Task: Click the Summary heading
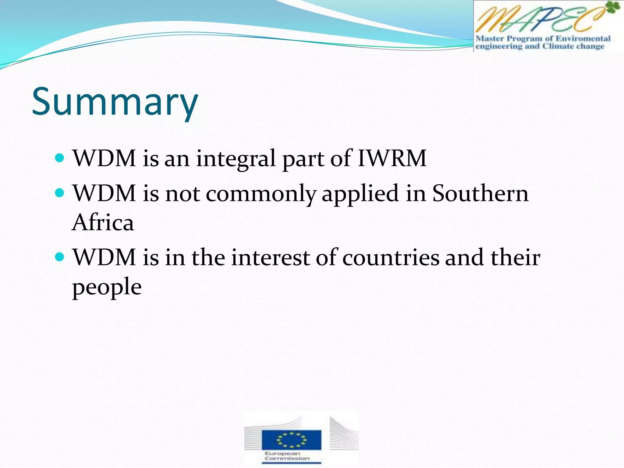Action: click(x=115, y=102)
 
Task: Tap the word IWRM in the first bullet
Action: click(x=392, y=158)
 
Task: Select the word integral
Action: click(x=236, y=159)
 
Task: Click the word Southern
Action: click(x=480, y=193)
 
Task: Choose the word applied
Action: click(x=360, y=194)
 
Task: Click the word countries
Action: click(x=391, y=257)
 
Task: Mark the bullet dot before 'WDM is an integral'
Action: click(x=60, y=158)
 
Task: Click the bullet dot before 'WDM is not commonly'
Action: click(x=60, y=193)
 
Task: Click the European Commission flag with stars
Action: click(x=291, y=439)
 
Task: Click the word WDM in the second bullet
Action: click(x=104, y=193)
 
